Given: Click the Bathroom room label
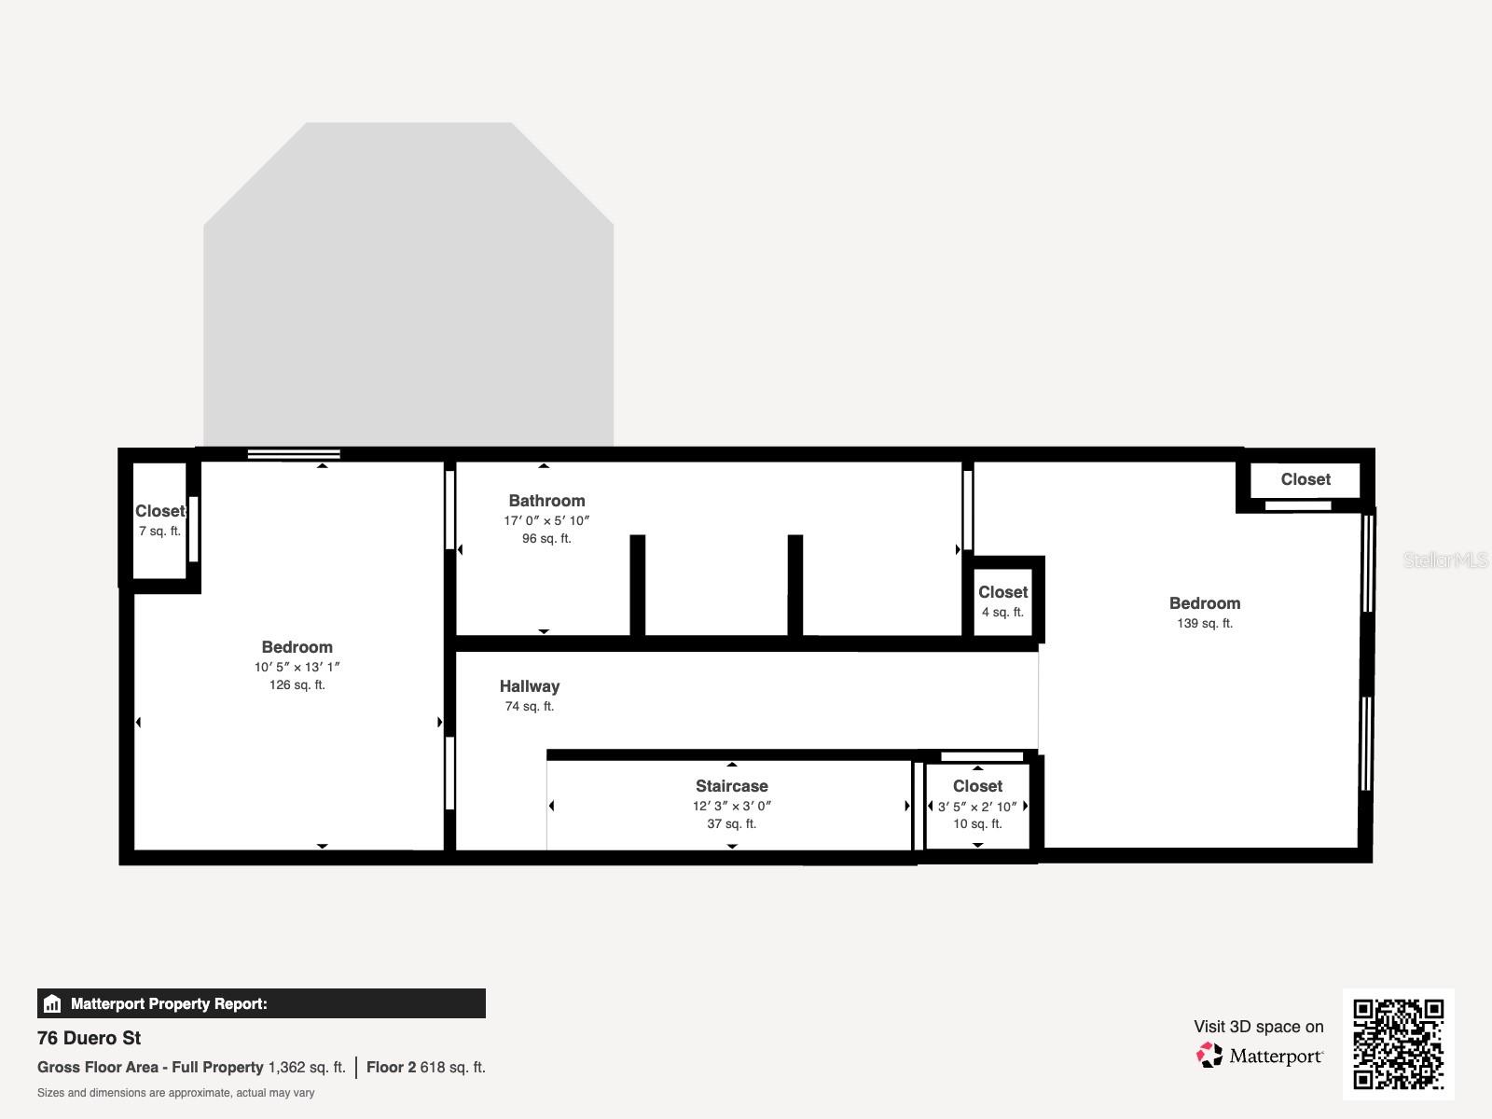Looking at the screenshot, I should (x=546, y=501).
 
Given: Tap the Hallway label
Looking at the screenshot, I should (x=529, y=686).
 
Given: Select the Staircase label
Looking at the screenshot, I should (x=731, y=786).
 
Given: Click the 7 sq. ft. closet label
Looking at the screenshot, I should (x=159, y=532).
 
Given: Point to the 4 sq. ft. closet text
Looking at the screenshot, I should (x=1002, y=613).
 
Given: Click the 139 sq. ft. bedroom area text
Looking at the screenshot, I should (x=1204, y=624).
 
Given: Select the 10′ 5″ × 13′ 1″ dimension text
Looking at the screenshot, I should (x=297, y=667).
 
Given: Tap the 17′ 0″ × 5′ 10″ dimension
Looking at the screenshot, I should (x=546, y=521).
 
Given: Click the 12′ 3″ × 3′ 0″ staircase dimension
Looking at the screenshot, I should (x=731, y=806).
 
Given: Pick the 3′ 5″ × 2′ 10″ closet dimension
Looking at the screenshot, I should (x=977, y=807).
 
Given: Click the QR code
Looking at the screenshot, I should (x=1398, y=1043).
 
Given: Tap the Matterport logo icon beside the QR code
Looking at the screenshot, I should (x=1209, y=1056).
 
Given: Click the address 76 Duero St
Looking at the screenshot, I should (x=90, y=1038).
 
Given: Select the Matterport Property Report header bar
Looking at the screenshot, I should (x=261, y=1003).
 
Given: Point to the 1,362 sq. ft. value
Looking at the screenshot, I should (x=306, y=1067).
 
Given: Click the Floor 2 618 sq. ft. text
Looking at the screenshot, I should (x=425, y=1067).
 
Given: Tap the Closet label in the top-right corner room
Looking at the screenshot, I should (x=1305, y=479).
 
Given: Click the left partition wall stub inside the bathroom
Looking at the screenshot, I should (x=638, y=586).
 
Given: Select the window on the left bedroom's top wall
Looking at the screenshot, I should (x=294, y=454).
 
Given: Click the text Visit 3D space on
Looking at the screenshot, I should (x=1258, y=1027).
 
